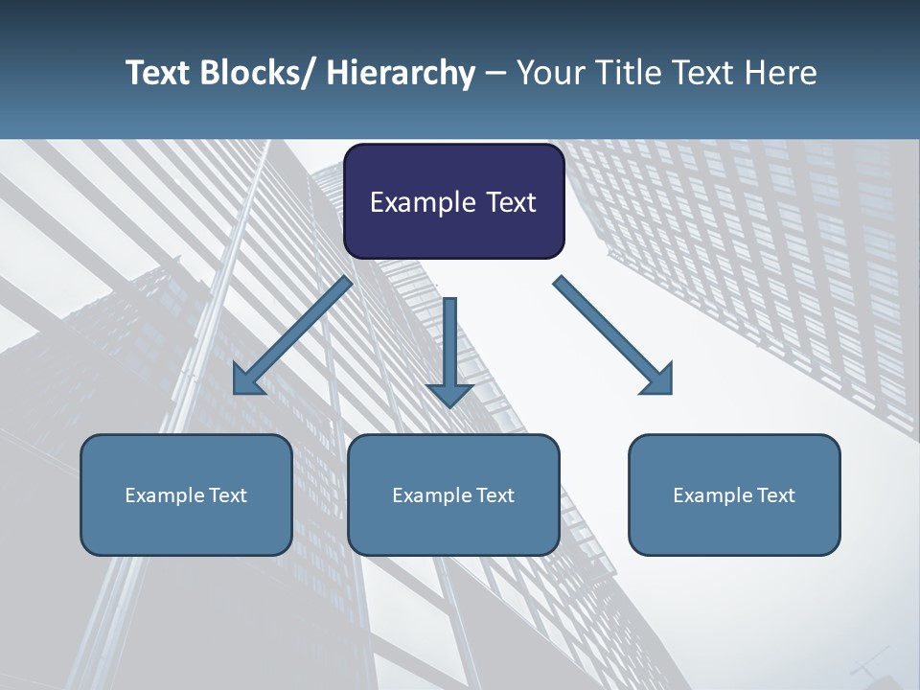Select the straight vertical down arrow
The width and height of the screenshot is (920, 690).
coord(449,350)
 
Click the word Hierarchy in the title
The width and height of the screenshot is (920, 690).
coord(401,73)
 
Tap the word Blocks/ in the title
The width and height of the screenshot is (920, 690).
coord(260,73)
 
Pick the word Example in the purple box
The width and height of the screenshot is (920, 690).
coord(423,203)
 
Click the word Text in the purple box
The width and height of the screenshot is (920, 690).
coord(510,203)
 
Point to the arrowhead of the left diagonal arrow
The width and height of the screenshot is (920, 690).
coord(247,381)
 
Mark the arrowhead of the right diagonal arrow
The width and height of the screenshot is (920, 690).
coord(658,380)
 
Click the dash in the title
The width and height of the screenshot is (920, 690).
coord(495,73)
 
